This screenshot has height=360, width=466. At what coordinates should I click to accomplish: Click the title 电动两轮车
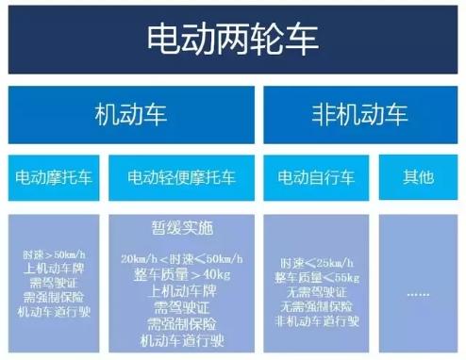(x=232, y=39)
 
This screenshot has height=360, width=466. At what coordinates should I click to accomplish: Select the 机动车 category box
(x=131, y=115)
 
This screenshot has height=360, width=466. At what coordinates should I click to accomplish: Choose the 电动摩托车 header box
(x=54, y=176)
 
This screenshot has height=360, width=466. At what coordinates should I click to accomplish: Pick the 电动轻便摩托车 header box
(x=181, y=176)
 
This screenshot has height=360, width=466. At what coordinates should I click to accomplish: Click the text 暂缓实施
(x=181, y=228)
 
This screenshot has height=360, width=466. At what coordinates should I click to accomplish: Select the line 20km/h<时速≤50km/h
(x=181, y=258)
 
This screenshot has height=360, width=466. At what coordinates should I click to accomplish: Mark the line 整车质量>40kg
(x=181, y=275)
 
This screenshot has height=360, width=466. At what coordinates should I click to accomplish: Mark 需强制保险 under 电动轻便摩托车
(x=181, y=323)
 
